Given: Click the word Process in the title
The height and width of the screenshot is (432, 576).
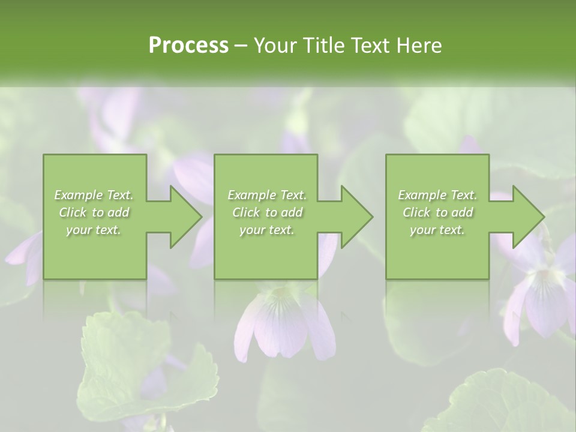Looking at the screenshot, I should [x=188, y=46].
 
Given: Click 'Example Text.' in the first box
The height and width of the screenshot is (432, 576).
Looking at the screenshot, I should [x=94, y=195].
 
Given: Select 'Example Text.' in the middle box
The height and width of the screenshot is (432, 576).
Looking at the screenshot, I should [x=267, y=195].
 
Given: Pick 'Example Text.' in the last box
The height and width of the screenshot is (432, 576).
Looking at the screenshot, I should [x=437, y=195].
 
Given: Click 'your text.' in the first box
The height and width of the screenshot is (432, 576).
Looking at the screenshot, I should [x=94, y=230].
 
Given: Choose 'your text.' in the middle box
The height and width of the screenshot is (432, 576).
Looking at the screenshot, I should [x=267, y=230].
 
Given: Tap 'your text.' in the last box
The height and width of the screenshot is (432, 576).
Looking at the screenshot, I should [x=437, y=230].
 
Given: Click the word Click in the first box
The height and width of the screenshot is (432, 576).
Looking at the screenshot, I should [x=73, y=212].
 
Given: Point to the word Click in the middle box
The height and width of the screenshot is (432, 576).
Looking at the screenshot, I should [x=246, y=212].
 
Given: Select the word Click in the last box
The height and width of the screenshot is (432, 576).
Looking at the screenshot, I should [x=416, y=212].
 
